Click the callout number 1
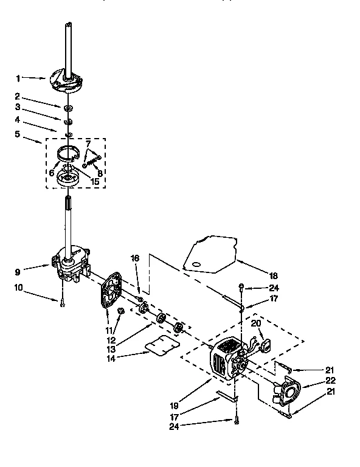pos(18,78)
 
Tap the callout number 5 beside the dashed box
pos(18,134)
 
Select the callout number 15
pos(95,181)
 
